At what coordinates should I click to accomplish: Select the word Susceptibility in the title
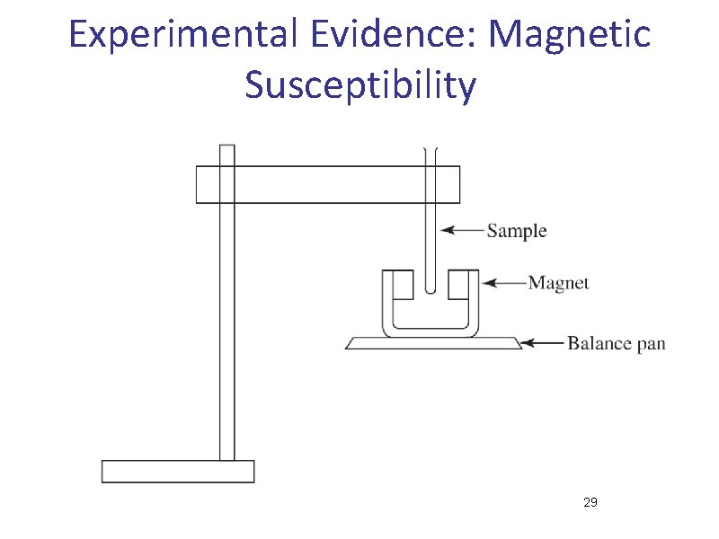[x=359, y=85]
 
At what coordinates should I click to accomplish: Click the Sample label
[x=517, y=231]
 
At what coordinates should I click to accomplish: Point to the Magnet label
[x=558, y=283]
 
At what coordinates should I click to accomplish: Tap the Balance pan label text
[x=616, y=343]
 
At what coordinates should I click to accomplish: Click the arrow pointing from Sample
[x=462, y=231]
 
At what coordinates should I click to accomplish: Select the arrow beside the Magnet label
[x=503, y=283]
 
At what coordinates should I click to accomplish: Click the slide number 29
[x=590, y=502]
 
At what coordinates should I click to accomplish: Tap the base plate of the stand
[x=178, y=471]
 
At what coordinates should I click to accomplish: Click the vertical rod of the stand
[x=227, y=341]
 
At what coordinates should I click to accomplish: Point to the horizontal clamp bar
[x=328, y=184]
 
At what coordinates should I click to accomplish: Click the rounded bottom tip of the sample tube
[x=431, y=289]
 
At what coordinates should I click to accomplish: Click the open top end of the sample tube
[x=431, y=151]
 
